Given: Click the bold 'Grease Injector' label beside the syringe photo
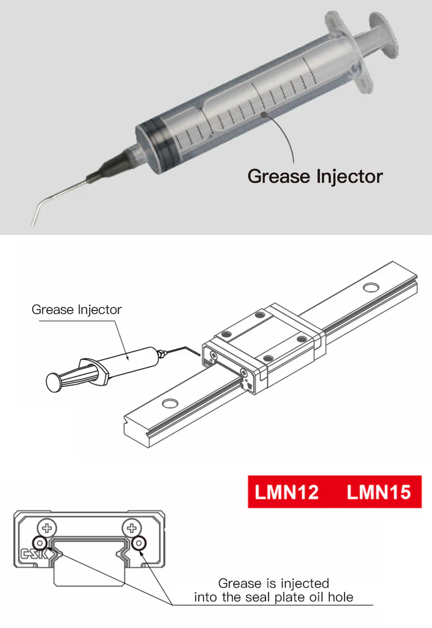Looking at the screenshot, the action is pos(315,176).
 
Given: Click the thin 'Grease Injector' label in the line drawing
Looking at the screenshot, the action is pos(77,309).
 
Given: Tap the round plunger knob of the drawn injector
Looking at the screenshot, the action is pos(53,383).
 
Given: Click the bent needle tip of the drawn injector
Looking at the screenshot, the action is pos(199,354).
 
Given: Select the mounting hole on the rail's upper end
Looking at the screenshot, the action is pos(371,287).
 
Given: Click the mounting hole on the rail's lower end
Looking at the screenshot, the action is pos(170,403).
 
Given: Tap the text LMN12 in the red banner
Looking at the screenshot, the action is pos(287,492).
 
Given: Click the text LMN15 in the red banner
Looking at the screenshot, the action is pos(379,492).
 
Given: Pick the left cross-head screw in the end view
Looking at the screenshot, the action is pos(47,528).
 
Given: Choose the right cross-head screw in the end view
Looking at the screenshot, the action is pos(132,528).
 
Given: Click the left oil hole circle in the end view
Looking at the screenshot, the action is pos(40,543).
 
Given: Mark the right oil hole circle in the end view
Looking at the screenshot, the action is pos(139,543).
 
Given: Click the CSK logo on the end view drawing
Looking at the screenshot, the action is pos(34,554).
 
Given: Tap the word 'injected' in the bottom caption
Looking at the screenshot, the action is pos(305,583).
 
